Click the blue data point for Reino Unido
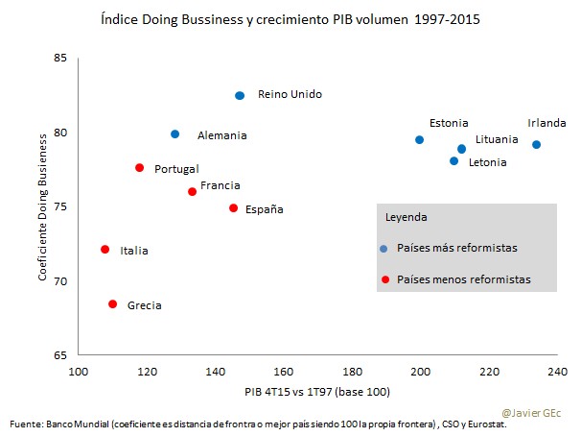240,95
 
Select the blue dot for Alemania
174,134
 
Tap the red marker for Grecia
112,303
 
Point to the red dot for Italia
105,250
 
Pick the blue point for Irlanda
536,145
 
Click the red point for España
233,207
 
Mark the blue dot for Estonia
419,139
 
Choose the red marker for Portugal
139,167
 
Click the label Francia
220,185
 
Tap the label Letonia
487,162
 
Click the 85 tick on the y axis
61,59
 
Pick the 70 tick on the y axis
61,281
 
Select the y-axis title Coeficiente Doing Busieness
43,206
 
